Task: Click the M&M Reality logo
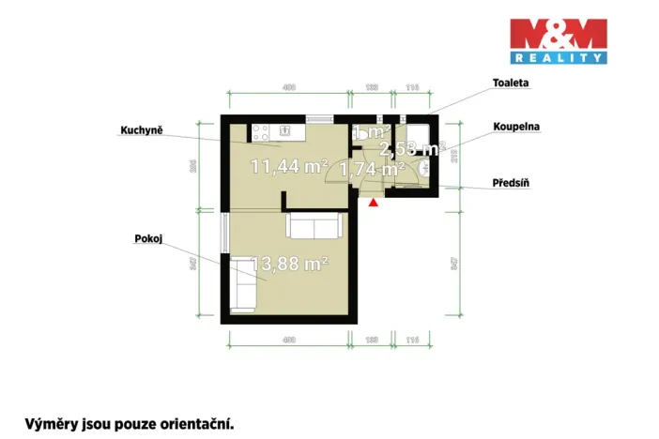coord(558,41)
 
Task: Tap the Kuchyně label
coord(142,129)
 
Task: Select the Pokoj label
coord(149,239)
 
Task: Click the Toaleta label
coord(511,83)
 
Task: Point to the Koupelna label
coord(516,125)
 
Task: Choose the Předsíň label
coord(512,183)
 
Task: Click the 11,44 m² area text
coord(289,167)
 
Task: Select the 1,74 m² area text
coord(372,169)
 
